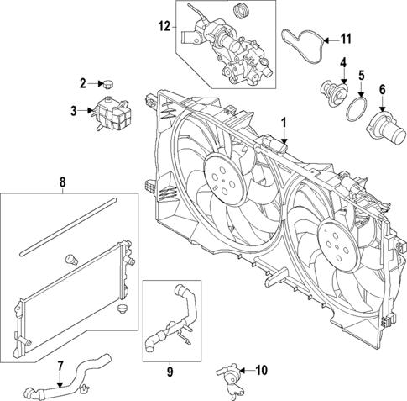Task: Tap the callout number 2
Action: [x=84, y=82]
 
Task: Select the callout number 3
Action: [x=73, y=110]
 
